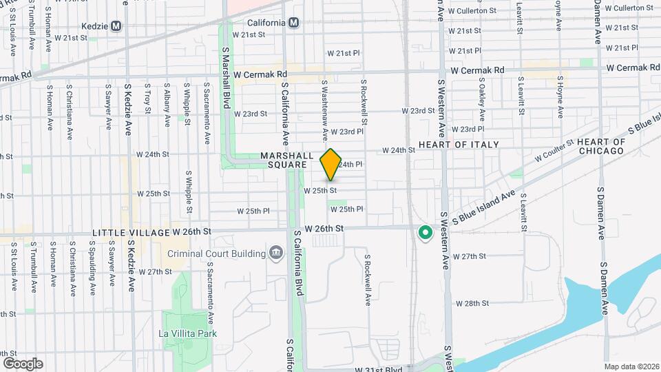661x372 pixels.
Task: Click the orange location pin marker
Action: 331,165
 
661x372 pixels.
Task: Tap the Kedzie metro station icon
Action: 116,26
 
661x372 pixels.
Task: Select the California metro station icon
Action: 295,23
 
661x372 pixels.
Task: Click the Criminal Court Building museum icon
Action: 276,254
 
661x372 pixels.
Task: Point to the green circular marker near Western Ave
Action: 425,234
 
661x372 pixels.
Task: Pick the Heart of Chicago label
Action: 601,146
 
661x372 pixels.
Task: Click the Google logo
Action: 23,363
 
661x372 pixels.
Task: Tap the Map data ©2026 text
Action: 631,366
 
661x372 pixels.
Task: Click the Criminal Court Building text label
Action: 218,254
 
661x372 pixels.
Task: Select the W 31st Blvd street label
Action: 379,369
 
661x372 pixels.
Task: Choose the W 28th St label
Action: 472,303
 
